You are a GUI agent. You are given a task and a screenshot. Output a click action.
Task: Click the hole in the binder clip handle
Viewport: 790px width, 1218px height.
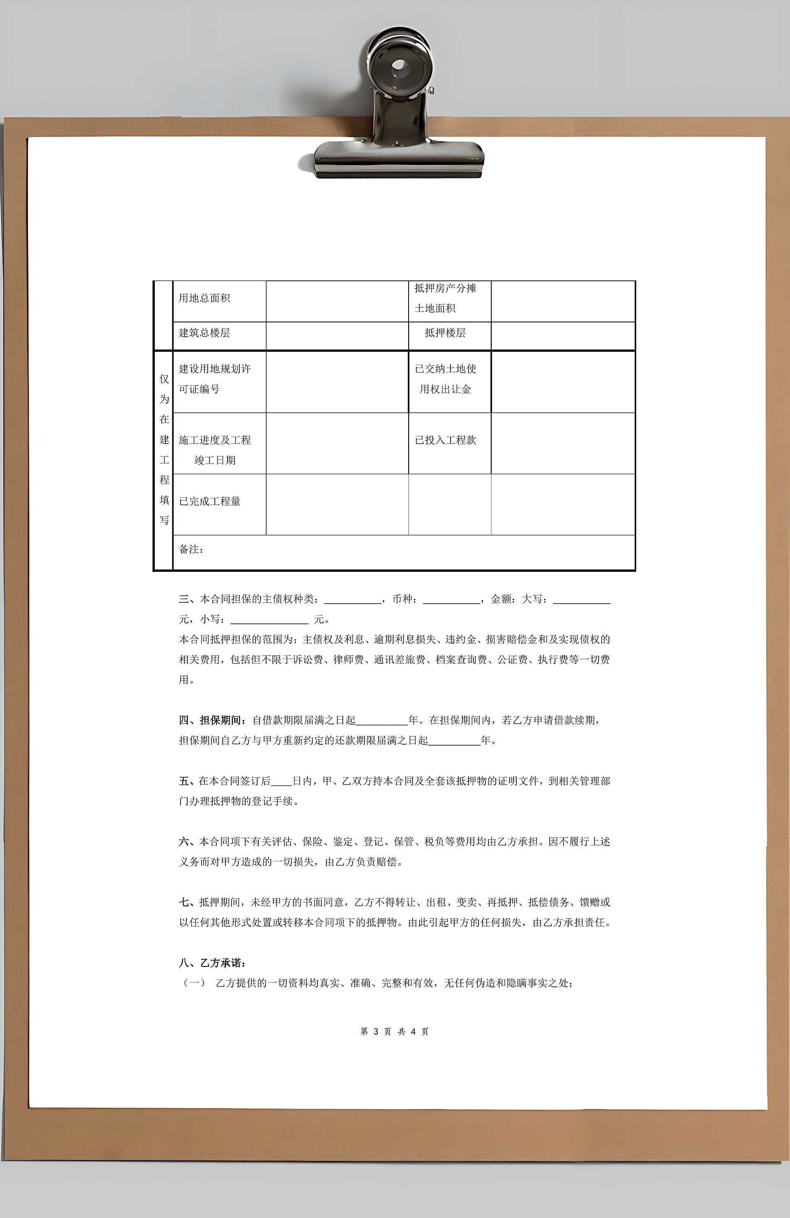399,67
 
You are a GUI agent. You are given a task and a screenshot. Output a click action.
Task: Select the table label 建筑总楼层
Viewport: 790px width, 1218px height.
204,333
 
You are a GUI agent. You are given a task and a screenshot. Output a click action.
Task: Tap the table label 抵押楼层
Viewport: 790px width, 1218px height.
445,333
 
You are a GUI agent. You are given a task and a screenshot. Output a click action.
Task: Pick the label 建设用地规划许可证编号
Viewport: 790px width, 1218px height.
214,379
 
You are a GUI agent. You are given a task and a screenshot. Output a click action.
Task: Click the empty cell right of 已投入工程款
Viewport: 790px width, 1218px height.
563,443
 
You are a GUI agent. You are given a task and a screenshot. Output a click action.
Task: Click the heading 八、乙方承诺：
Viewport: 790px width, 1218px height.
212,963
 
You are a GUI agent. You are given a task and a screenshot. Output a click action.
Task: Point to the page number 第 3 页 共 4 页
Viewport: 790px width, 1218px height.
394,1032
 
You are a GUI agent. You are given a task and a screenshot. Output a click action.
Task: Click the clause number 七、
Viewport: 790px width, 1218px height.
187,902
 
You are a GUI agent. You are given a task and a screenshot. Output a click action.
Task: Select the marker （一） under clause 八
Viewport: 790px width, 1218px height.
194,983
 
